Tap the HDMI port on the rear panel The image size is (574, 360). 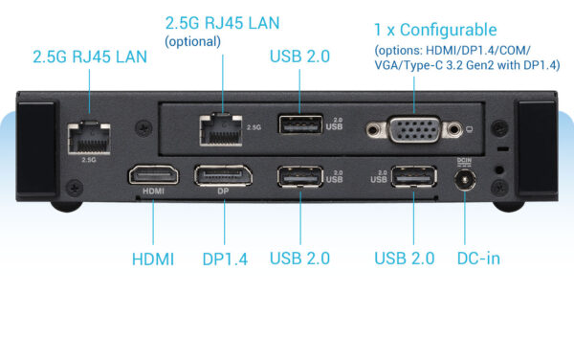pyautogui.click(x=153, y=176)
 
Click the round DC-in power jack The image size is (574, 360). pyautogui.click(x=467, y=179)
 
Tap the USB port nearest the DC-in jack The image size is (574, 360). pyautogui.click(x=413, y=178)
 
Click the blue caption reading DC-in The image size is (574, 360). pyautogui.click(x=478, y=259)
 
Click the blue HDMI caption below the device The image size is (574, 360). pyautogui.click(x=152, y=259)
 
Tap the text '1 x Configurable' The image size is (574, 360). pyautogui.click(x=434, y=31)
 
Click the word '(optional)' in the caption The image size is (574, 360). pyautogui.click(x=193, y=41)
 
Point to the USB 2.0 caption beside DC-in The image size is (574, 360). pyautogui.click(x=404, y=259)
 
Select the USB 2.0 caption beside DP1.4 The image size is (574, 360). pyautogui.click(x=299, y=259)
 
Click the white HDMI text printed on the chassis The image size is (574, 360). pyautogui.click(x=153, y=191)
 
